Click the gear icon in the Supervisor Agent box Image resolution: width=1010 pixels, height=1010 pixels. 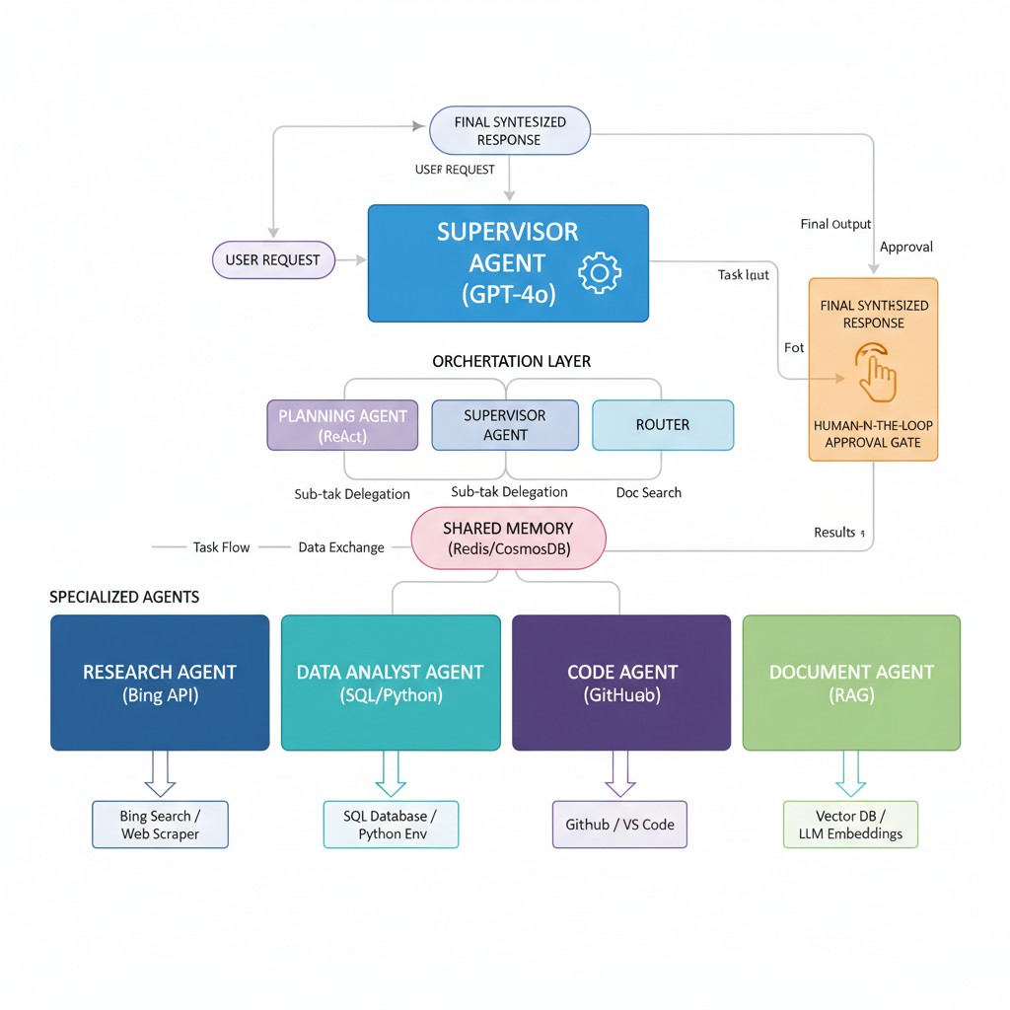[599, 273]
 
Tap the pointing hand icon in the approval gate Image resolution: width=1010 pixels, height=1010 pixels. [875, 372]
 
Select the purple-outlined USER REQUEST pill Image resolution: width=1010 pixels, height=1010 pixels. [273, 260]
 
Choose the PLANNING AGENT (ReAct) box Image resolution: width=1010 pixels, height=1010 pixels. [342, 425]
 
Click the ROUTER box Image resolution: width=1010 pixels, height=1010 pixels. [662, 425]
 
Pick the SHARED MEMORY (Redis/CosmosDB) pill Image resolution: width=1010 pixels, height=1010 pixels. [508, 539]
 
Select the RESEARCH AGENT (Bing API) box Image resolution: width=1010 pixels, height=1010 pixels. [160, 683]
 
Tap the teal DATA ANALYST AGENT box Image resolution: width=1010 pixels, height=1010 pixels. [390, 683]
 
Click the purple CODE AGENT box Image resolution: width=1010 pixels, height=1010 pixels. [621, 683]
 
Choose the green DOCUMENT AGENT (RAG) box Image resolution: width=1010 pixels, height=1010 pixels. [851, 683]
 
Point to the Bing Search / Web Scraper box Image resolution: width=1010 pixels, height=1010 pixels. [160, 825]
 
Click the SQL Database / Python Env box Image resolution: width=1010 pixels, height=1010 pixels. [391, 825]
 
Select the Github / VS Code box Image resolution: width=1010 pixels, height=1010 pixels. [619, 825]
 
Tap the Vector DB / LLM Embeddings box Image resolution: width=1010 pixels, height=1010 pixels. [850, 825]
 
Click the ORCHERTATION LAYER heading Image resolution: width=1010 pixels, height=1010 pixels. [511, 362]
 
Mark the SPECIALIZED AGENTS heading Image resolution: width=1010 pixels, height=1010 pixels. [124, 597]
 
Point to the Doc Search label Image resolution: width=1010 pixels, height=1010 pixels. [648, 492]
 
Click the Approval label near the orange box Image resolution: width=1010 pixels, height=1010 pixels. [905, 247]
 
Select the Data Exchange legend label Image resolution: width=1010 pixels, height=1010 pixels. [341, 547]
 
